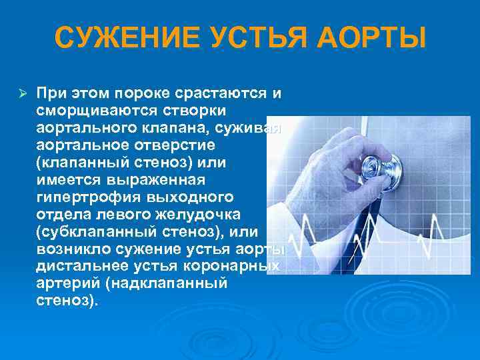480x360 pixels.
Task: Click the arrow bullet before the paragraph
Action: pos(20,91)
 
